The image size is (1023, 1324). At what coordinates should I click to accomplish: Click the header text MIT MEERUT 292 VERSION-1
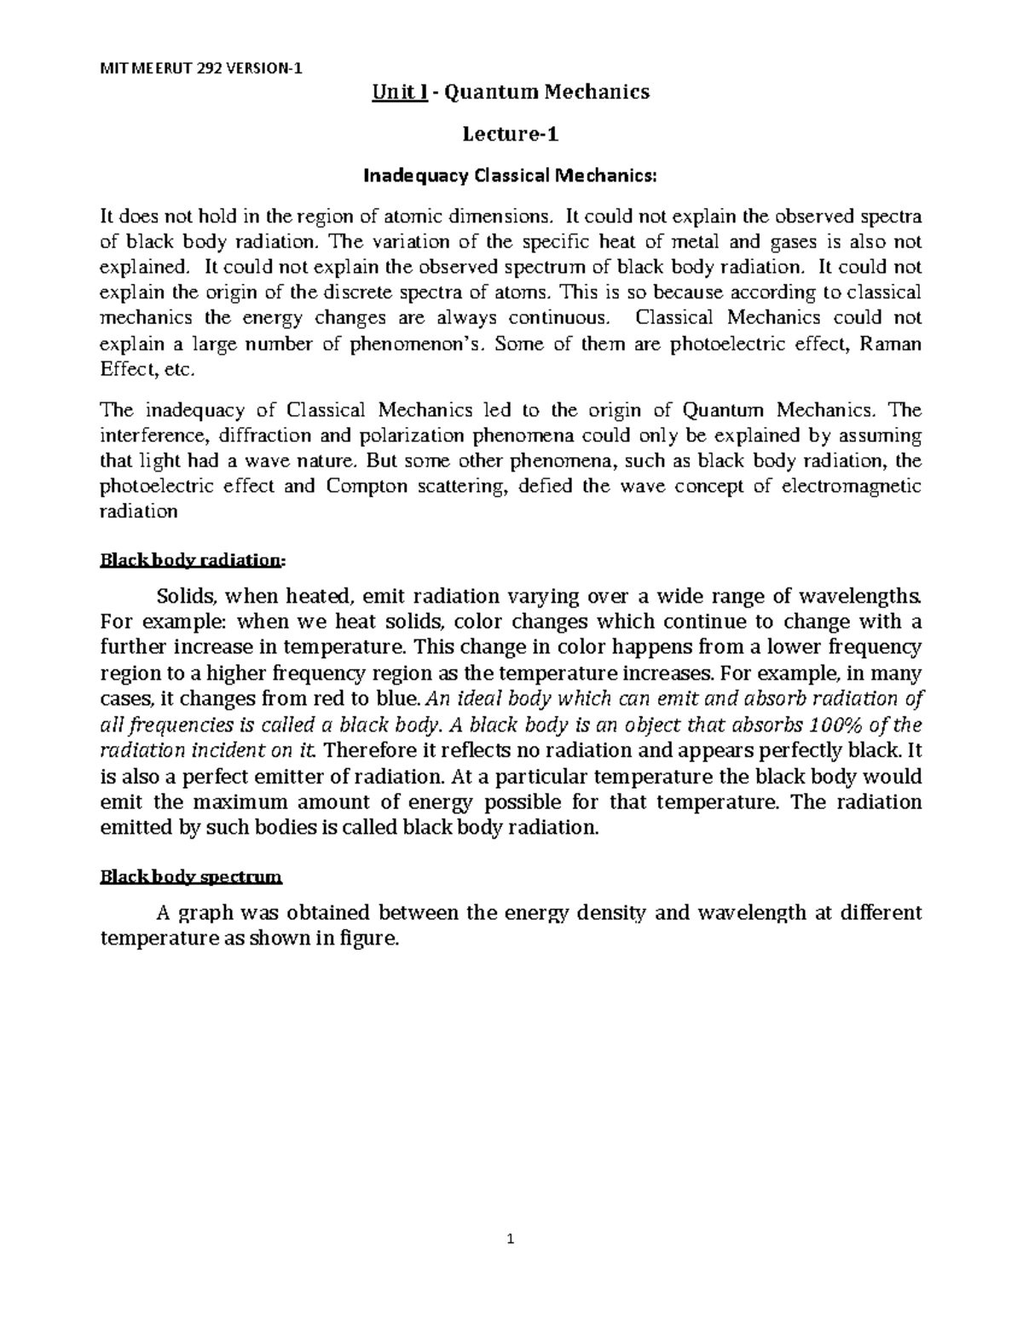(x=200, y=70)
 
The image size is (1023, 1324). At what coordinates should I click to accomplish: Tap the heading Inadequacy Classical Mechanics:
(x=511, y=176)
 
